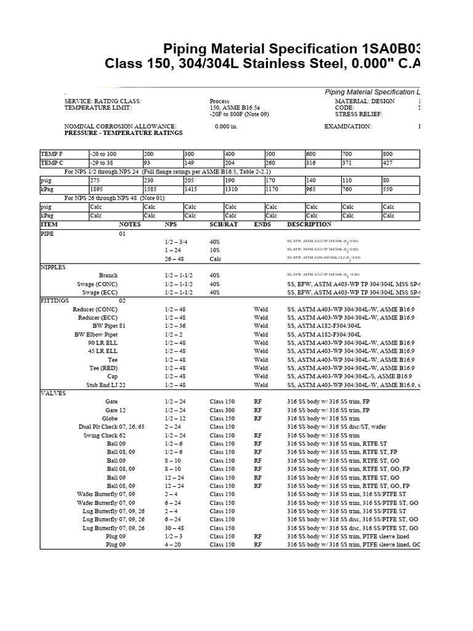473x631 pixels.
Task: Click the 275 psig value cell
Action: pyautogui.click(x=97, y=181)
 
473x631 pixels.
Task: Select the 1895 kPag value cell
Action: pyautogui.click(x=97, y=189)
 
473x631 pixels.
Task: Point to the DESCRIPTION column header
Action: pyautogui.click(x=309, y=225)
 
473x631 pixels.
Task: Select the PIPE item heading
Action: pyautogui.click(x=47, y=234)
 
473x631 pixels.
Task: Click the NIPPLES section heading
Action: pyautogui.click(x=53, y=267)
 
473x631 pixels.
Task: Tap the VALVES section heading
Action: pyautogui.click(x=52, y=393)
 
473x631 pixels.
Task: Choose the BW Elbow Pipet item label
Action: pyautogui.click(x=95, y=335)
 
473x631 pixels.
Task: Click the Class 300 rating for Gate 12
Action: pyautogui.click(x=222, y=410)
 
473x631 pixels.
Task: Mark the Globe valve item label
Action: pyautogui.click(x=110, y=418)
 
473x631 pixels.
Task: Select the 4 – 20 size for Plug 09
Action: pyautogui.click(x=173, y=545)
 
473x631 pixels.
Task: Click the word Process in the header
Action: pyautogui.click(x=219, y=101)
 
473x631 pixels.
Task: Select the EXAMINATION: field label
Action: pyautogui.click(x=348, y=126)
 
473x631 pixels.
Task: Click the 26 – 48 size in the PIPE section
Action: pyautogui.click(x=175, y=259)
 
